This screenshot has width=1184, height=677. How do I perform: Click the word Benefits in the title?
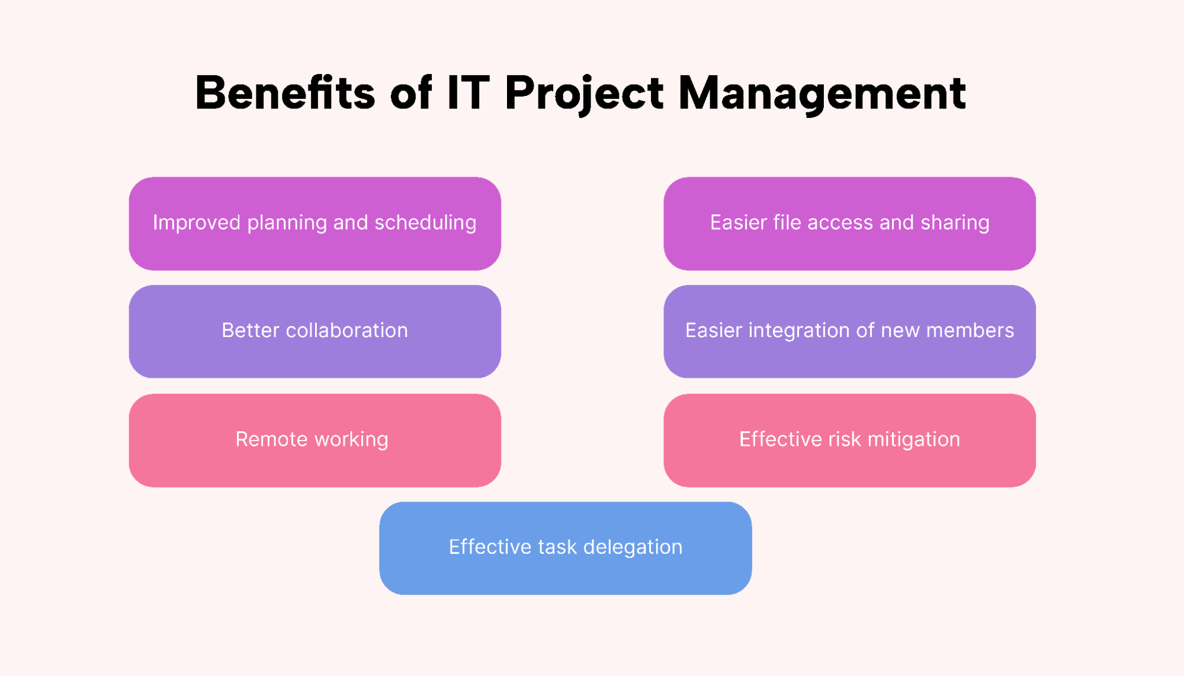point(285,92)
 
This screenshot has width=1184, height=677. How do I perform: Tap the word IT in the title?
point(468,92)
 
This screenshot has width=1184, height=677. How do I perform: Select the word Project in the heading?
point(584,95)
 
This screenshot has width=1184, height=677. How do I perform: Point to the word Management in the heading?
point(822,95)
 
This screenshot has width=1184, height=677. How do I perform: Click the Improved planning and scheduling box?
point(315,223)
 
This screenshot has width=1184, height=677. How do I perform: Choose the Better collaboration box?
point(315,331)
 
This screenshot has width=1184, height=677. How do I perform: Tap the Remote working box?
point(315,440)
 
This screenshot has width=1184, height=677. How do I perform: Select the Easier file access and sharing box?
point(849,223)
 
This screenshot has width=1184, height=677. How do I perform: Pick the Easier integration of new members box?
point(849,331)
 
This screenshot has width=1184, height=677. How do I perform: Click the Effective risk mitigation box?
point(849,440)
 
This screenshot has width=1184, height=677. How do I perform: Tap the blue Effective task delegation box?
point(566,548)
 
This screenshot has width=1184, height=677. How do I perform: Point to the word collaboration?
point(346,330)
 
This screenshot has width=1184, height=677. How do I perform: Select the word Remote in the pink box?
point(271,439)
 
